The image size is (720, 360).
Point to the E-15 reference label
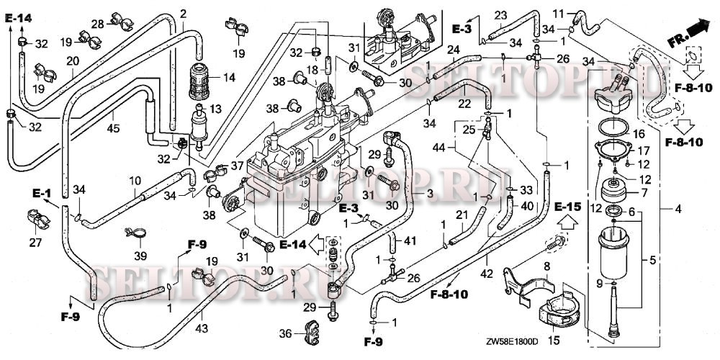[x=567, y=207]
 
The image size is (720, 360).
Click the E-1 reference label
[x=41, y=193]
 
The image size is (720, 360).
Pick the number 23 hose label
[x=500, y=15]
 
